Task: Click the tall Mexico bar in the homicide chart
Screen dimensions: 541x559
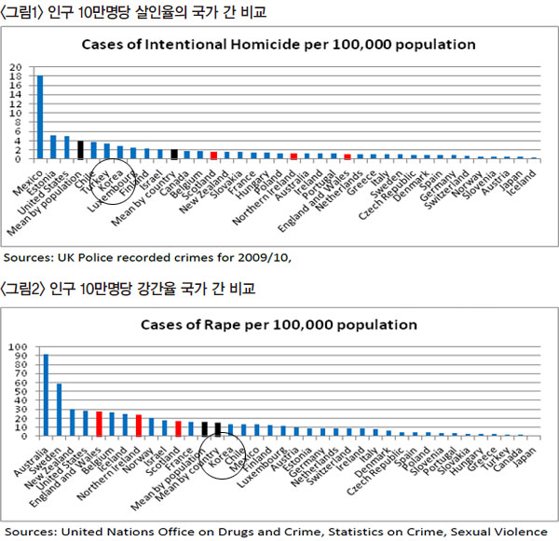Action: (x=39, y=116)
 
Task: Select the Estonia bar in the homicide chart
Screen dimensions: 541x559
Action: (x=53, y=147)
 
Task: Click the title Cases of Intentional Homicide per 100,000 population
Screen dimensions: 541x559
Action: (x=279, y=44)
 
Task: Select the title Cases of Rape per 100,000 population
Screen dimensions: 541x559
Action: (x=279, y=325)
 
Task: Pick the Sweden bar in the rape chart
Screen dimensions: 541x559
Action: (x=59, y=410)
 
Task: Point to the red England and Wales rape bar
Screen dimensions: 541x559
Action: (x=99, y=424)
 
